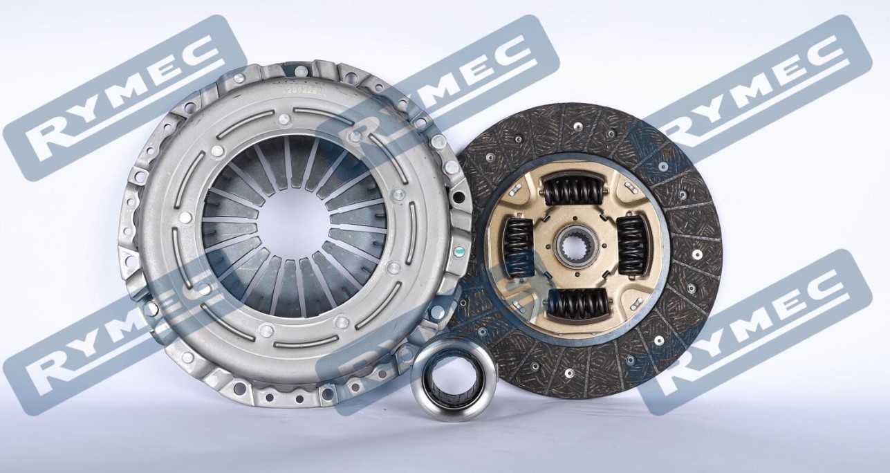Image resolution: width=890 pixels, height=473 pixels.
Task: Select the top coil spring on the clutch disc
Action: [x=571, y=189]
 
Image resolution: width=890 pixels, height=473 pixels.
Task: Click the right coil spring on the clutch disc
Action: [x=630, y=245]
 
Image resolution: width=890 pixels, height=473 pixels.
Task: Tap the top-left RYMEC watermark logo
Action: [x=124, y=97]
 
